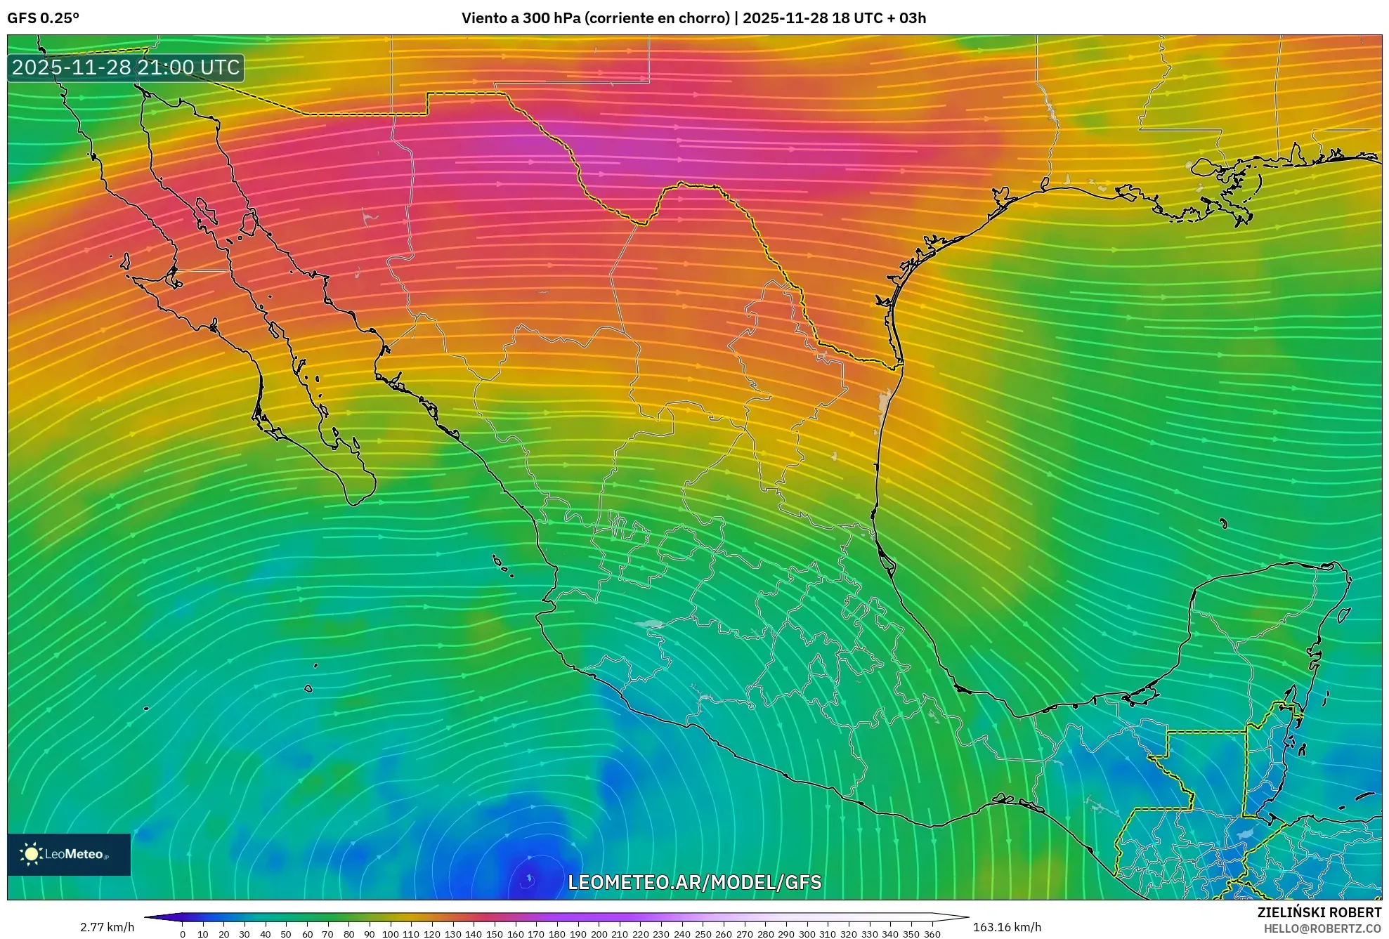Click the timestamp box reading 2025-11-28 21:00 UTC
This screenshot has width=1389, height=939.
pos(126,67)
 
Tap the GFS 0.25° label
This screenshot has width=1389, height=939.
pos(43,18)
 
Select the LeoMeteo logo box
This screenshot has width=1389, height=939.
pos(69,854)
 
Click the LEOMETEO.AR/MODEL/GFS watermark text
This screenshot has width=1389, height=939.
pos(694,882)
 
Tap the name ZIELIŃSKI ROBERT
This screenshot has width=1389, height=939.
pos(1319,912)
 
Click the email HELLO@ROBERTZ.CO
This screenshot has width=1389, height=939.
pos(1322,928)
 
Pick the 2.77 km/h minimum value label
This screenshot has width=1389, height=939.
pos(107,927)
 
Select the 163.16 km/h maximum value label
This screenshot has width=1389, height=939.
pos(1007,927)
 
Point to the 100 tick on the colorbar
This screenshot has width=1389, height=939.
pos(390,934)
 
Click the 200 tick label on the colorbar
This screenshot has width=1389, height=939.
pos(599,934)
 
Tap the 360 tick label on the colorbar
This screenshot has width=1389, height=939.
pos(932,934)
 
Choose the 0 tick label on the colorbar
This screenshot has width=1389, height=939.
pos(183,934)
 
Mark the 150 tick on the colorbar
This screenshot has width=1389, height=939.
pos(495,934)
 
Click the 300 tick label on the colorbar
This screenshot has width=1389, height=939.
pos(807,934)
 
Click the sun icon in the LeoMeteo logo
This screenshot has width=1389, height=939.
pos(31,854)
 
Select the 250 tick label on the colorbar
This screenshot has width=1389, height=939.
pos(703,934)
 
